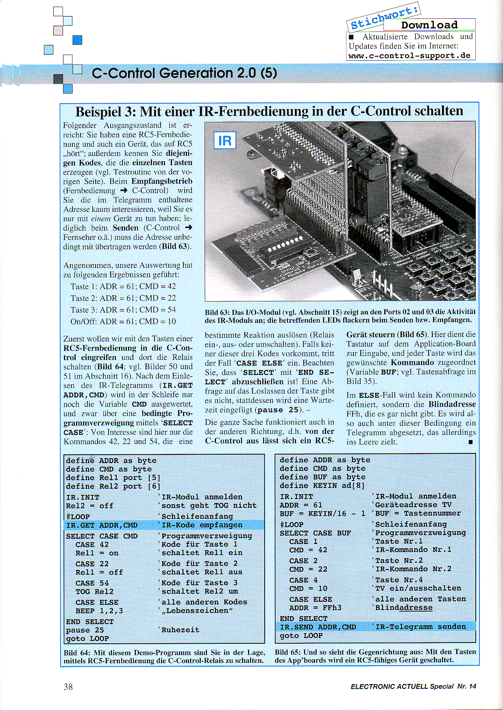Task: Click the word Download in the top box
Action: tap(429, 25)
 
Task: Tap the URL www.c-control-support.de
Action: tap(409, 56)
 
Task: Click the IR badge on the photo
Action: tap(225, 141)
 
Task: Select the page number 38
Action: tap(68, 687)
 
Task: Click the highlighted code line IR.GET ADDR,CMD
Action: tap(102, 525)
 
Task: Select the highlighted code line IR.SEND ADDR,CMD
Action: tap(318, 627)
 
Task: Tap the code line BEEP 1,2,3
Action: tap(99, 611)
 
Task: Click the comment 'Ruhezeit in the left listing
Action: tap(179, 630)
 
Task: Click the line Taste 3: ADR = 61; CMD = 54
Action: tap(123, 310)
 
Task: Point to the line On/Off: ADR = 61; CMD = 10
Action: tap(123, 322)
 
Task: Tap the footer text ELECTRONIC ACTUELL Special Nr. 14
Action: tap(413, 686)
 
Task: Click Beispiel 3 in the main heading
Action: tap(104, 111)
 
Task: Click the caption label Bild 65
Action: tap(287, 652)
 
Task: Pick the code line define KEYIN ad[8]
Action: tap(322, 486)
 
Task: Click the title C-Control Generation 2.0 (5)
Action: tap(184, 73)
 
